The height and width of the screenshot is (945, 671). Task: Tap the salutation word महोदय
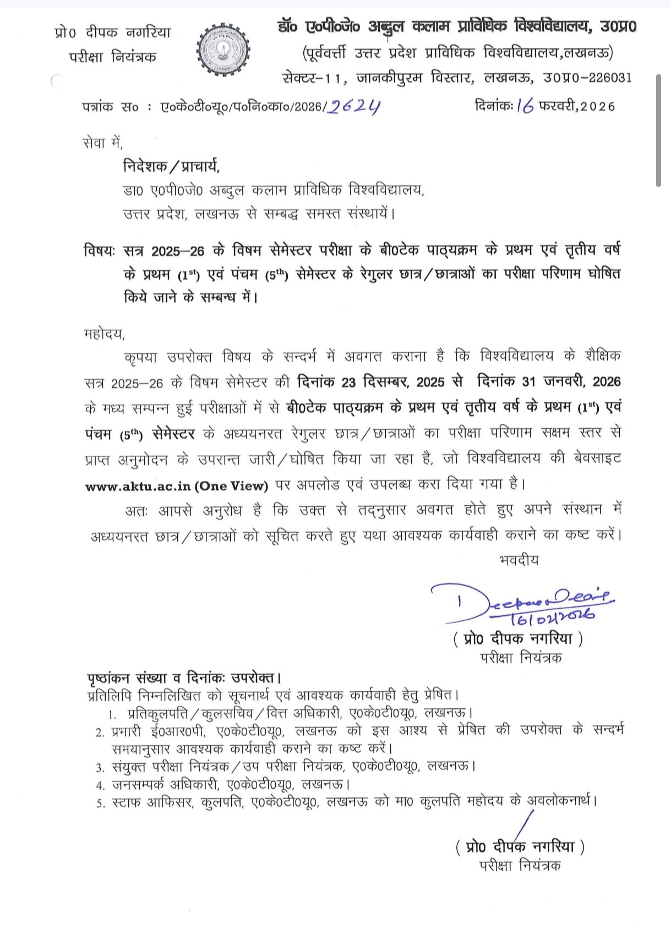pos(104,334)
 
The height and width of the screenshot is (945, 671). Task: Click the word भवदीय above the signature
pos(519,560)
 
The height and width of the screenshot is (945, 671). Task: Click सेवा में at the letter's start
pos(102,143)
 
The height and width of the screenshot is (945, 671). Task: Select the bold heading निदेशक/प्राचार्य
pos(171,166)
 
